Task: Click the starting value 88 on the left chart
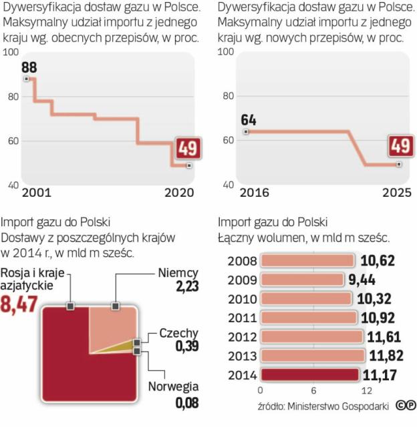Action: tap(29, 67)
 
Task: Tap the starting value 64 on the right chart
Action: tap(249, 121)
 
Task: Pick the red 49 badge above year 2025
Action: tap(401, 146)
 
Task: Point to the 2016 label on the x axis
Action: tap(254, 192)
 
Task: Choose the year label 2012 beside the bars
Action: tap(241, 336)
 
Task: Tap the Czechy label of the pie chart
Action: tap(178, 334)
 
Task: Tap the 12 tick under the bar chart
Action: tap(365, 390)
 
